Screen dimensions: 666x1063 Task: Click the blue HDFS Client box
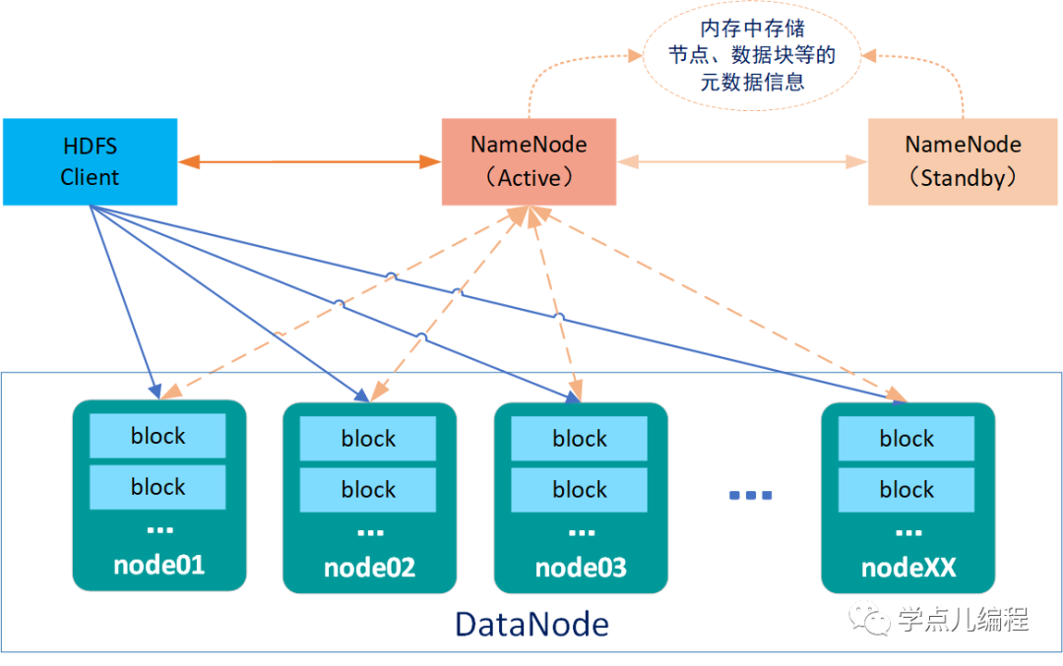click(x=90, y=161)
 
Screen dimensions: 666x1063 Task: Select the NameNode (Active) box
click(x=529, y=161)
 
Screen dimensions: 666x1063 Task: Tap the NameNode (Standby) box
click(x=964, y=161)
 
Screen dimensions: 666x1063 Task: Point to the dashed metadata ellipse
click(x=752, y=55)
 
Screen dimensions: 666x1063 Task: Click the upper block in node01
click(x=157, y=436)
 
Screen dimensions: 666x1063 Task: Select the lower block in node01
click(x=157, y=487)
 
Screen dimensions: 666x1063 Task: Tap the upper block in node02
click(x=368, y=439)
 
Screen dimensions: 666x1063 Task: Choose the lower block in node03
click(x=580, y=490)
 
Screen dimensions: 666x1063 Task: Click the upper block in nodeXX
click(x=907, y=439)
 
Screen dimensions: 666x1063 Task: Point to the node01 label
click(x=158, y=565)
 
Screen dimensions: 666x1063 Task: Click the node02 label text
click(x=369, y=568)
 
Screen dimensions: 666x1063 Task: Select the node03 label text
click(x=580, y=568)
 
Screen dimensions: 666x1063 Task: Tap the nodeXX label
click(x=907, y=568)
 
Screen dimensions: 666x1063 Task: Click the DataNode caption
click(x=531, y=624)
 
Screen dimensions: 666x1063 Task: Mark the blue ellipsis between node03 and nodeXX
click(x=750, y=495)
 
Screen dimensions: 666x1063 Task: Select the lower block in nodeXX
click(x=907, y=490)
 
